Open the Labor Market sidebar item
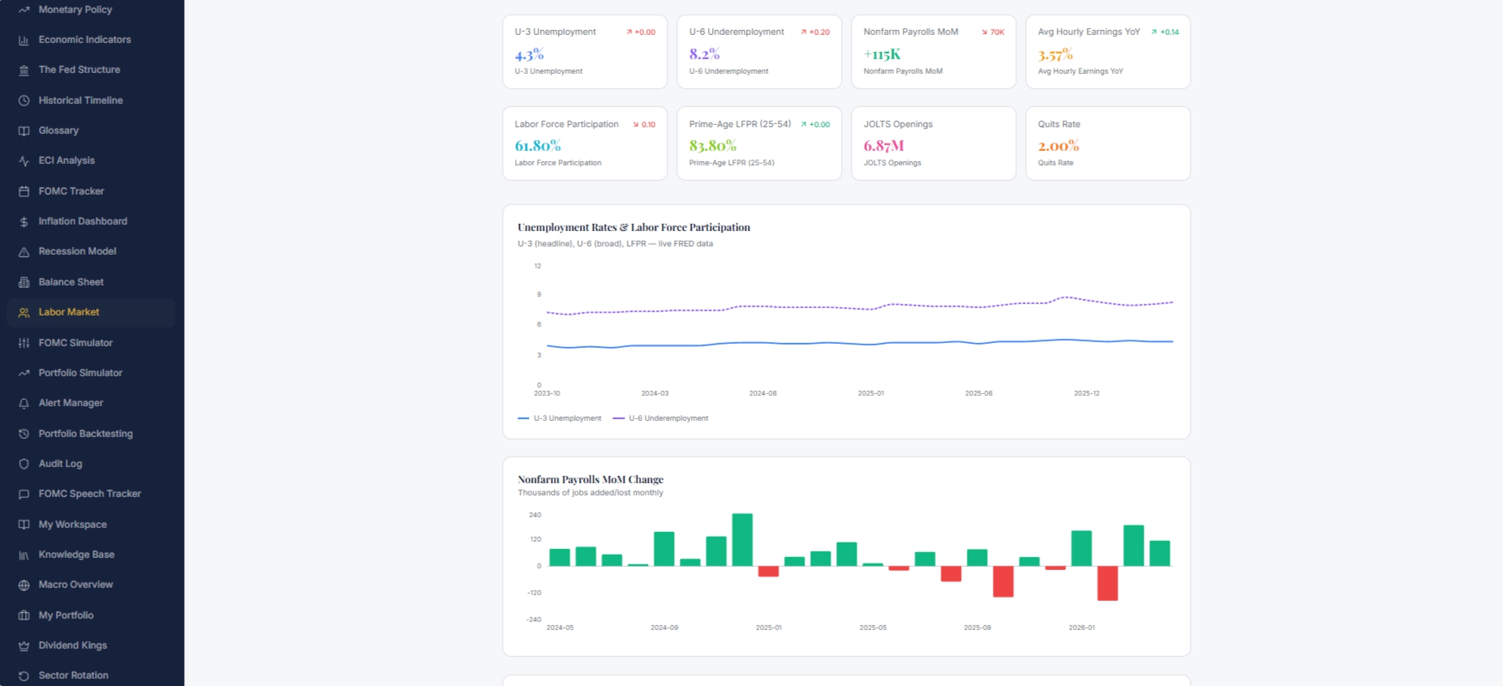coord(69,312)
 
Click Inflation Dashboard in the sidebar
coord(83,221)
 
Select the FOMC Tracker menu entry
coord(71,191)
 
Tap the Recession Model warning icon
coord(24,252)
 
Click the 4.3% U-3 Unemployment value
coord(529,54)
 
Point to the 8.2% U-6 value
coord(704,54)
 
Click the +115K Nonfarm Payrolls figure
coord(882,54)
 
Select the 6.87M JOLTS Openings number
coord(883,146)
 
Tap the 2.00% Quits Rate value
coord(1059,146)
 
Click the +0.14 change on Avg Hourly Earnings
coord(1166,32)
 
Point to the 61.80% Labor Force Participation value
coord(538,146)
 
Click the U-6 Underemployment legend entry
coord(661,418)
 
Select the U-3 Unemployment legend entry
coord(560,418)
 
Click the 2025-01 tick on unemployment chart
coord(871,393)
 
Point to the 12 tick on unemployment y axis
coord(538,266)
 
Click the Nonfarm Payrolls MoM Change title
coord(590,479)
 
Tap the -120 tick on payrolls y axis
coord(534,593)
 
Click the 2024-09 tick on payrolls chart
coord(664,628)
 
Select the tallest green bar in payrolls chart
coord(742,539)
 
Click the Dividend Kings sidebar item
coord(73,645)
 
